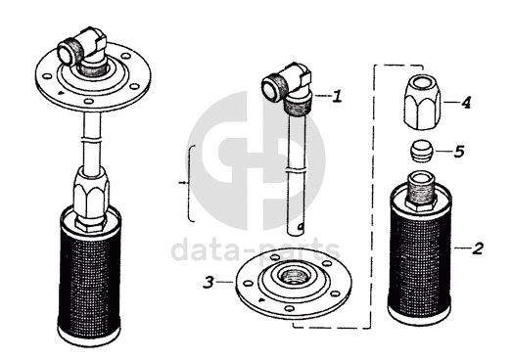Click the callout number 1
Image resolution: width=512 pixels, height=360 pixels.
[337, 97]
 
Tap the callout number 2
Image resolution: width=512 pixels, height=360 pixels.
[477, 248]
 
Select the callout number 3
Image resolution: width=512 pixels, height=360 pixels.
[209, 283]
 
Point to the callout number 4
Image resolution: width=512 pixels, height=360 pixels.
[466, 103]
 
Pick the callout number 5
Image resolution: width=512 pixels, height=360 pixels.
[459, 152]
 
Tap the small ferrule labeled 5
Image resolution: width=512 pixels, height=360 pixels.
[422, 151]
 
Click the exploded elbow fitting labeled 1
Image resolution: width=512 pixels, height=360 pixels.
[288, 88]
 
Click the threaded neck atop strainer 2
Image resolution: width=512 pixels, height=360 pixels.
[421, 190]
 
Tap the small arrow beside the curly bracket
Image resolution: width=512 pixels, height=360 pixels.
[182, 183]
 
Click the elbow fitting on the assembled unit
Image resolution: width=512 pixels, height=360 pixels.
[83, 51]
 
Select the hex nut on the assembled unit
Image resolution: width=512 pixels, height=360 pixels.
[91, 197]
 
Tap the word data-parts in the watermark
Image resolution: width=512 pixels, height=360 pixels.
[256, 250]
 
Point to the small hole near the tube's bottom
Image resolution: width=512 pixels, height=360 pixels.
[302, 226]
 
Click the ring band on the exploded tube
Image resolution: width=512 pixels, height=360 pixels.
[297, 170]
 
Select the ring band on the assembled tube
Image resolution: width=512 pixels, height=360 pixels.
[92, 139]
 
